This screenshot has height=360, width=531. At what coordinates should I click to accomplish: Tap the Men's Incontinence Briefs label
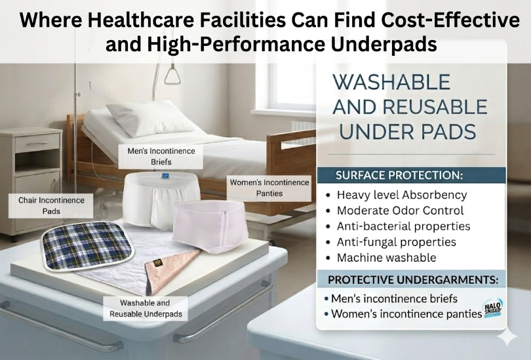161,157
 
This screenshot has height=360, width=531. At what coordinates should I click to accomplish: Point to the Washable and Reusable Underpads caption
145,308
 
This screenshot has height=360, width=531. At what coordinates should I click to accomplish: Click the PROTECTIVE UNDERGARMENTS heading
412,280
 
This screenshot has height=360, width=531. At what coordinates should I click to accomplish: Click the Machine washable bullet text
386,258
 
